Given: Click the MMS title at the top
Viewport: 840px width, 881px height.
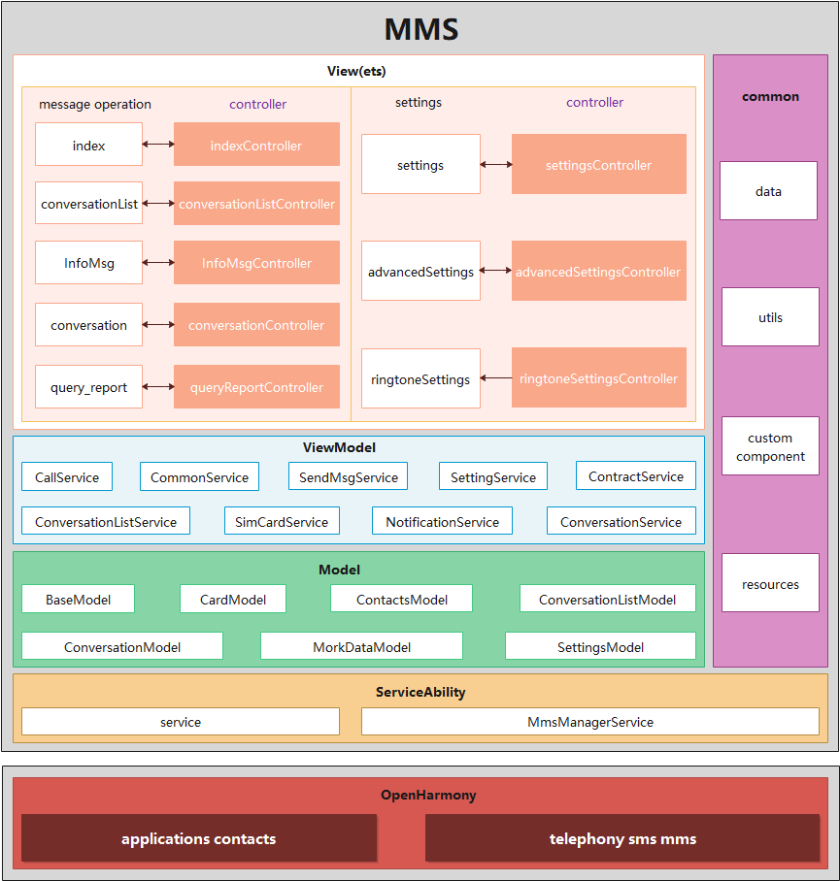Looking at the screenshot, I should pyautogui.click(x=420, y=28).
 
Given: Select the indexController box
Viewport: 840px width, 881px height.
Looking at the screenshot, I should pyautogui.click(x=256, y=145).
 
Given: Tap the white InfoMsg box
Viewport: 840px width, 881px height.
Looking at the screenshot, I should pyautogui.click(x=88, y=263).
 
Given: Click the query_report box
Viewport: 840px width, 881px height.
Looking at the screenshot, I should pyautogui.click(x=88, y=387).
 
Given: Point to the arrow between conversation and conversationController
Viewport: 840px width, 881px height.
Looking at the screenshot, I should pyautogui.click(x=158, y=325).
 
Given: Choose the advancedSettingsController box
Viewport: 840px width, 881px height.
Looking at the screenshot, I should pyautogui.click(x=598, y=272).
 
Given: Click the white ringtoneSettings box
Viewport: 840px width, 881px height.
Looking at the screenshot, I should pyautogui.click(x=420, y=379).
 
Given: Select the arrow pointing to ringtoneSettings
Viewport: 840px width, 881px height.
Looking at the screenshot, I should pyautogui.click(x=496, y=378).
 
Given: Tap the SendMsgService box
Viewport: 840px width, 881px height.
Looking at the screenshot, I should pyautogui.click(x=348, y=476).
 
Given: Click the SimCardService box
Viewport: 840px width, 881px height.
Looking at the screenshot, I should pyautogui.click(x=282, y=521).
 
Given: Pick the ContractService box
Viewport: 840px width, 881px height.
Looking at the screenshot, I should pyautogui.click(x=635, y=475).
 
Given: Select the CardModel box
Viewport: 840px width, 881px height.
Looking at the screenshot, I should pyautogui.click(x=233, y=599).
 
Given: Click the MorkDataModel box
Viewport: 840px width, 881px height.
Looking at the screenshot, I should pyautogui.click(x=361, y=646).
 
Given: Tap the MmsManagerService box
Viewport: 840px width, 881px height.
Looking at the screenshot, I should pyautogui.click(x=589, y=722).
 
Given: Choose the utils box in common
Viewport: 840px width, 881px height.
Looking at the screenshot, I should pyautogui.click(x=770, y=317).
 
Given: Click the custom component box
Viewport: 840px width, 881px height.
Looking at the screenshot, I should pyautogui.click(x=770, y=446).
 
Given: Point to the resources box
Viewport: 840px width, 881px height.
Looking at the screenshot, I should pyautogui.click(x=770, y=584).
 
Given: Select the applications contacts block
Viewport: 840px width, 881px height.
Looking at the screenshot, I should pyautogui.click(x=198, y=838).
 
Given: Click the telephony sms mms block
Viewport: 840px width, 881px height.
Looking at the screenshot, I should pyautogui.click(x=622, y=838).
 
